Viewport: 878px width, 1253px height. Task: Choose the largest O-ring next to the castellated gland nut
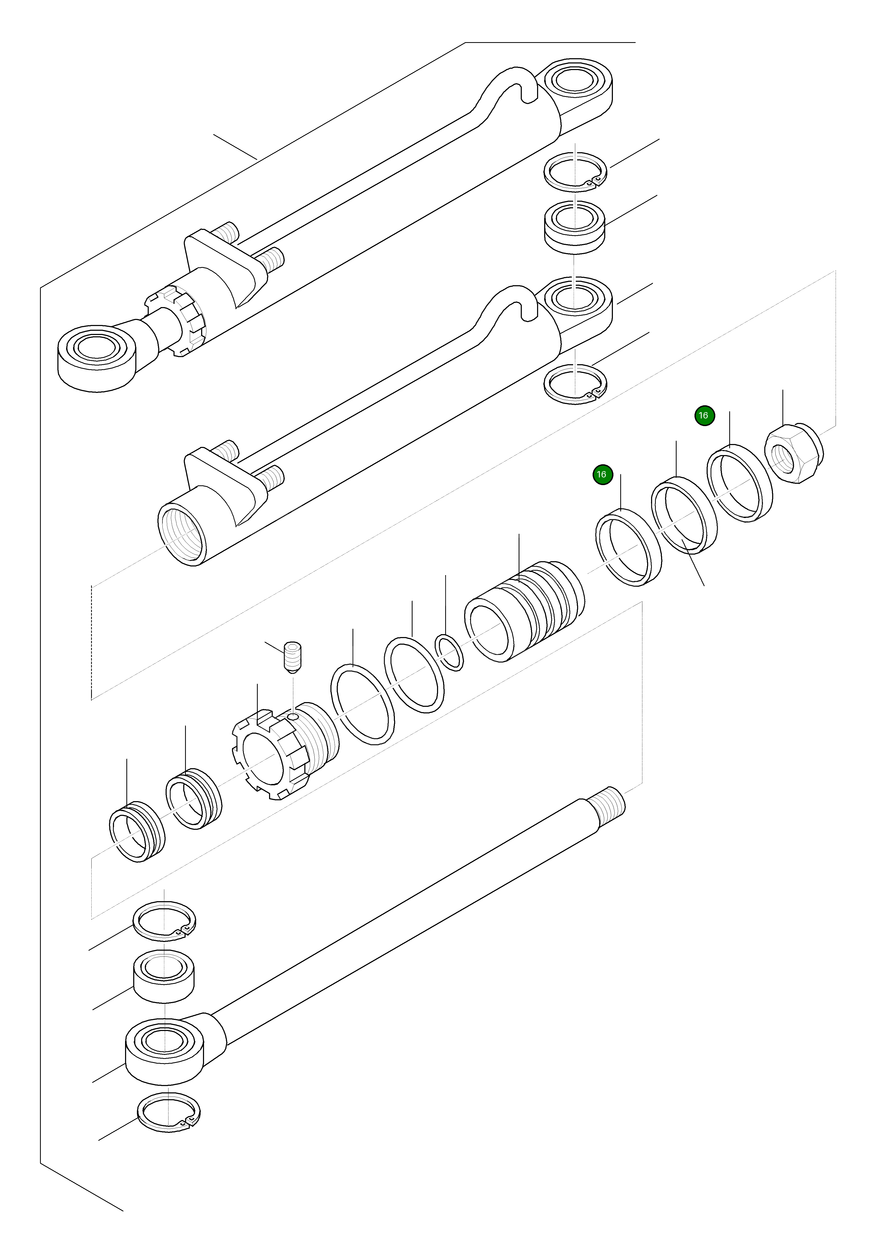[363, 704]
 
